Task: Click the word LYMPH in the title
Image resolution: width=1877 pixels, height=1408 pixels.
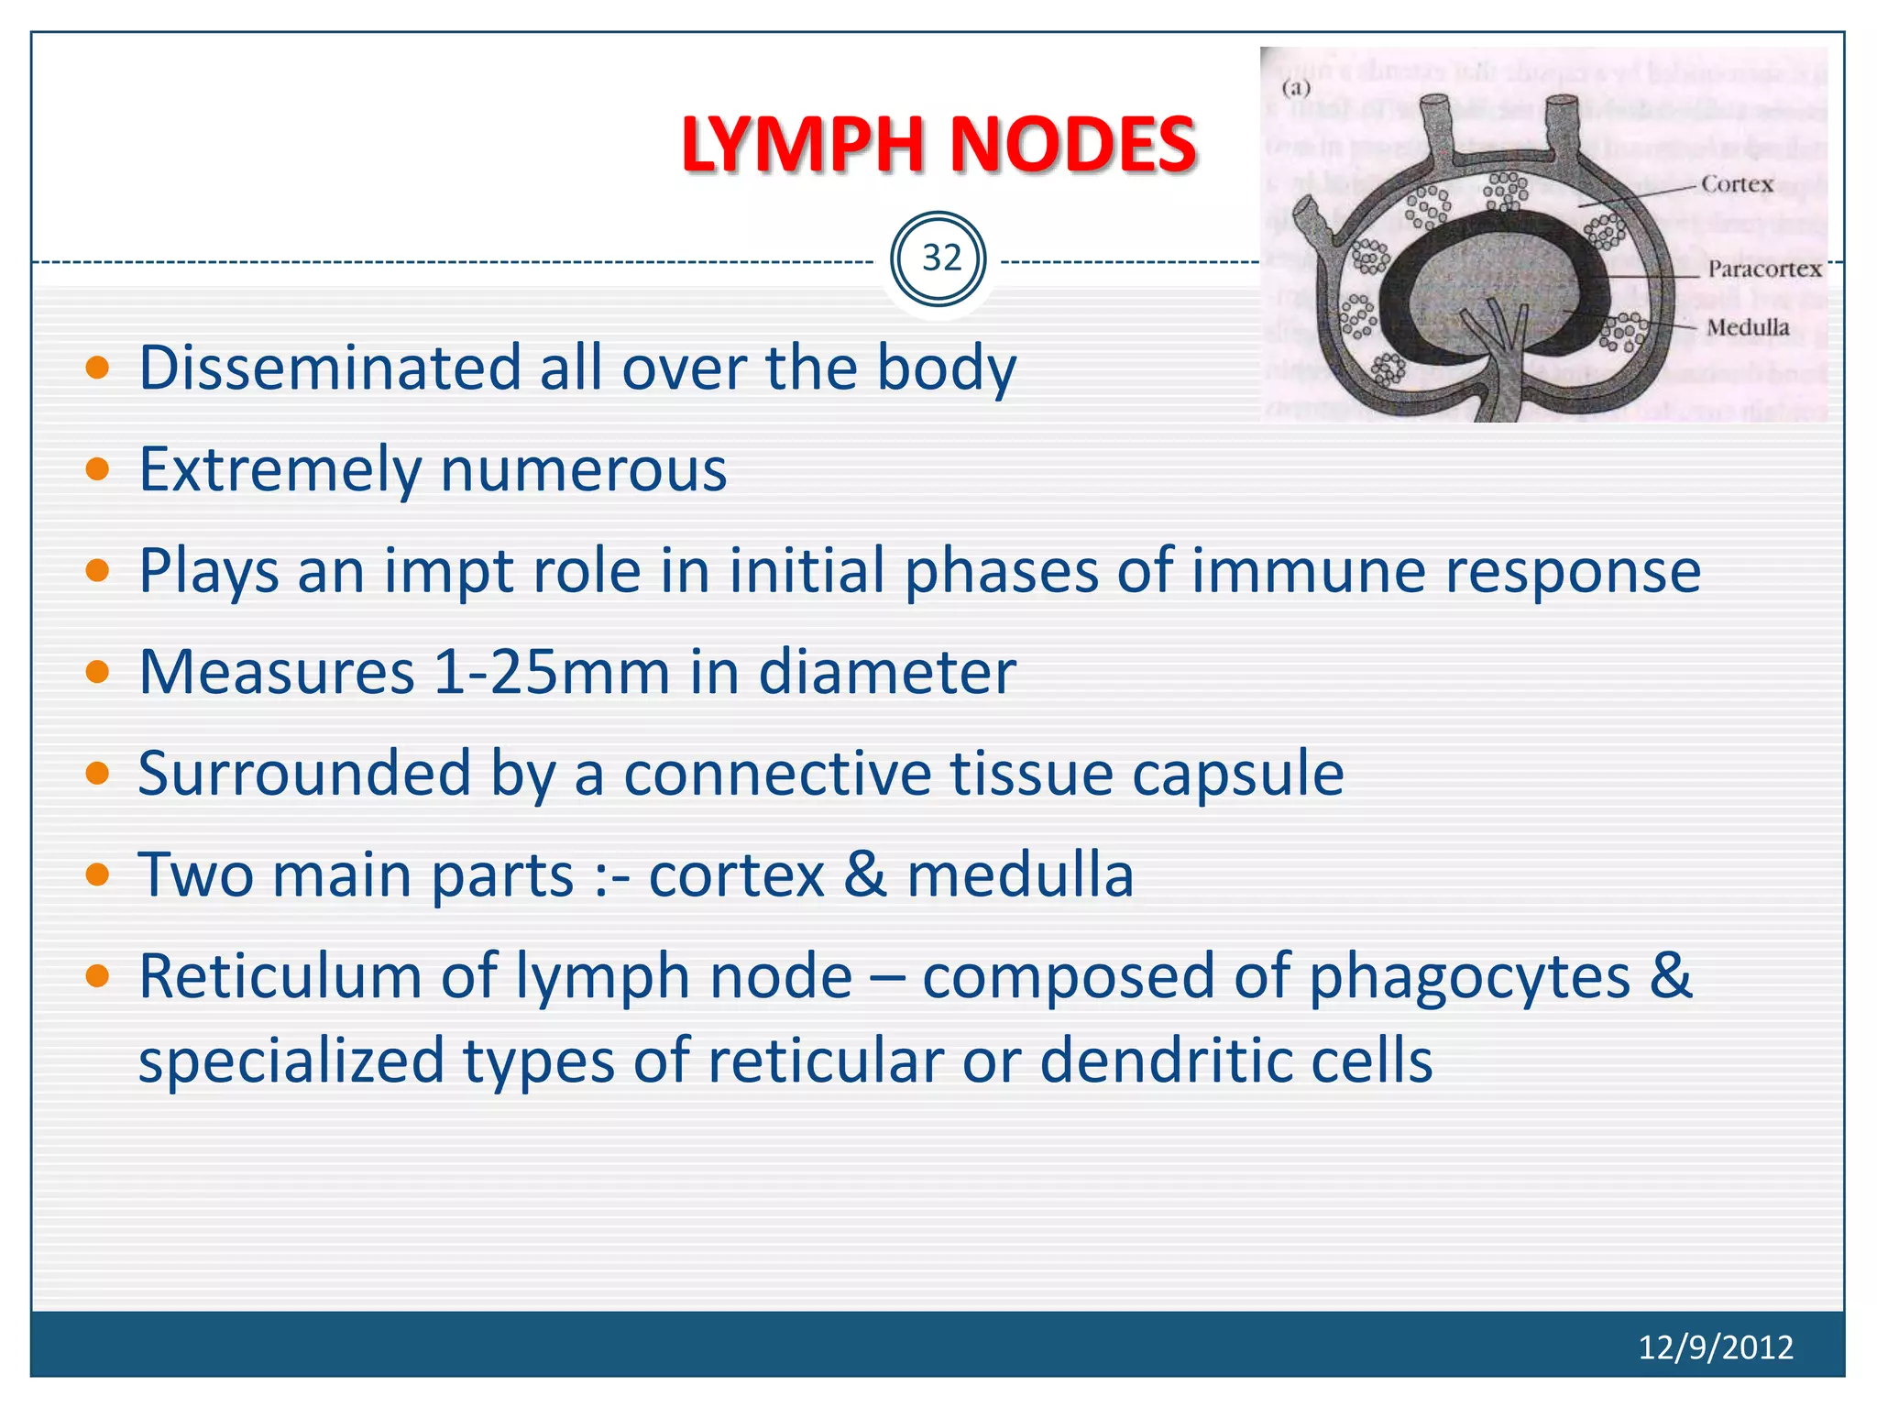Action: pyautogui.click(x=805, y=145)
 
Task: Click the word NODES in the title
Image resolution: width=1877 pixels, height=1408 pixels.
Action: pyautogui.click(x=1072, y=145)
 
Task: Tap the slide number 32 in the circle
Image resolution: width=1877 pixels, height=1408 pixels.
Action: pyautogui.click(x=941, y=258)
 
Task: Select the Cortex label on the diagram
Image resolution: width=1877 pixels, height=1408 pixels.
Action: pyautogui.click(x=1737, y=184)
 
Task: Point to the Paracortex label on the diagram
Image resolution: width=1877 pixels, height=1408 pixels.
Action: pyautogui.click(x=1763, y=269)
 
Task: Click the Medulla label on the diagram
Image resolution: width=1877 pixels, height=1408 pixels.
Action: pyautogui.click(x=1747, y=327)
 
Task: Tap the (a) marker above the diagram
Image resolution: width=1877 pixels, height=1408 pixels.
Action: pyautogui.click(x=1296, y=88)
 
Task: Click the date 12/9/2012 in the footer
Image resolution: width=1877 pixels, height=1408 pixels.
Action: pyautogui.click(x=1715, y=1347)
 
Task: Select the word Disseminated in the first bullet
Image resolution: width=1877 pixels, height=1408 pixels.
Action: pyautogui.click(x=329, y=368)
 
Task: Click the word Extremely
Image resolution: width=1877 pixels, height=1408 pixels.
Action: pyautogui.click(x=280, y=470)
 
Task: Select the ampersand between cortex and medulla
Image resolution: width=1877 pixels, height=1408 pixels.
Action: pyautogui.click(x=865, y=874)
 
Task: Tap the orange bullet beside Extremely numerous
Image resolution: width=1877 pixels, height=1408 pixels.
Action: pyautogui.click(x=97, y=470)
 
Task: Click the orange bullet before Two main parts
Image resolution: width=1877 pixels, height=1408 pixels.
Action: pyautogui.click(x=97, y=875)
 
